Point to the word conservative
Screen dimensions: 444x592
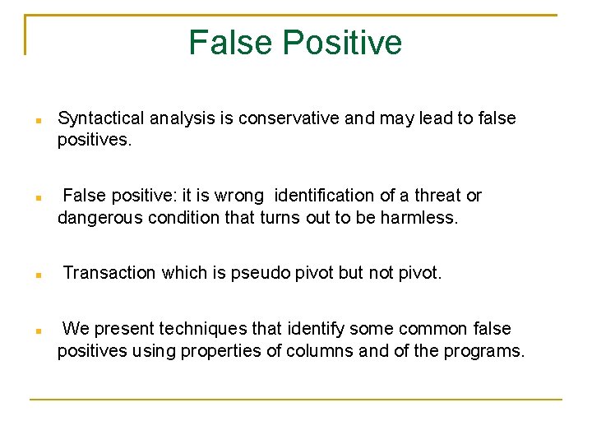pos(289,118)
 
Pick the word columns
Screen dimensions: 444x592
pos(313,352)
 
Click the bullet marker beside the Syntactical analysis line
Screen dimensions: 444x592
pos(39,121)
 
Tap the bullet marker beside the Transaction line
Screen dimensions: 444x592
pos(39,275)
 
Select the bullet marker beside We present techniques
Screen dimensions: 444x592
pos(39,331)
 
